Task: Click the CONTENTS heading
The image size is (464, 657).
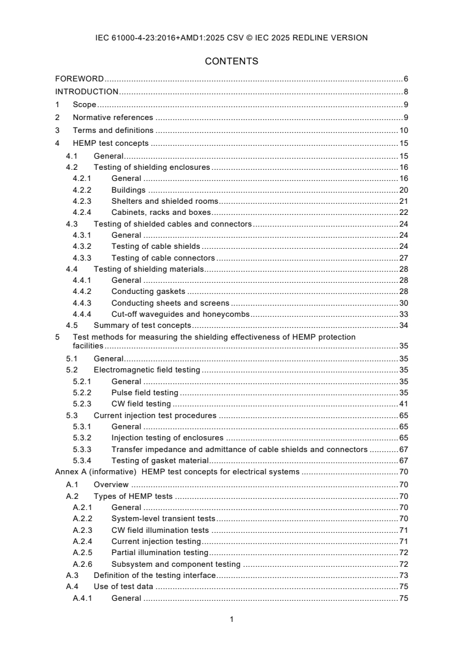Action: click(x=232, y=61)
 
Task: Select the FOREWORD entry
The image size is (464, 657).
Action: click(x=80, y=78)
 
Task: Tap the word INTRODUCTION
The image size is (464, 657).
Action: click(x=87, y=91)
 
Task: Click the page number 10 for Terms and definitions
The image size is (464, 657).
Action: click(x=403, y=131)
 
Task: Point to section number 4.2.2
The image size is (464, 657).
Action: click(x=82, y=190)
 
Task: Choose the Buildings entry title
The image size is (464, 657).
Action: click(x=128, y=190)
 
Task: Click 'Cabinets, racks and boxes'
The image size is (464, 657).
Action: click(x=161, y=213)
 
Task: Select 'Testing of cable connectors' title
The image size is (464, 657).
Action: click(x=163, y=258)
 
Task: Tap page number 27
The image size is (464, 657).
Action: click(x=403, y=258)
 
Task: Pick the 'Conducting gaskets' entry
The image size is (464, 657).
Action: click(x=148, y=292)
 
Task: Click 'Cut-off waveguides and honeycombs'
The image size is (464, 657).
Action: click(x=180, y=314)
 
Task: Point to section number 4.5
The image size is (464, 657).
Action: click(x=71, y=326)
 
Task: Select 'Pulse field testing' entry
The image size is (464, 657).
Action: click(x=145, y=393)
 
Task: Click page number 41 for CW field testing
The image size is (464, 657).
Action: click(x=403, y=404)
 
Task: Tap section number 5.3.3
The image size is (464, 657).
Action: click(x=82, y=450)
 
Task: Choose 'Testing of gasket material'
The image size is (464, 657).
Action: click(x=160, y=461)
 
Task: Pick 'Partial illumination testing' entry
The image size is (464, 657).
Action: click(x=160, y=553)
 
